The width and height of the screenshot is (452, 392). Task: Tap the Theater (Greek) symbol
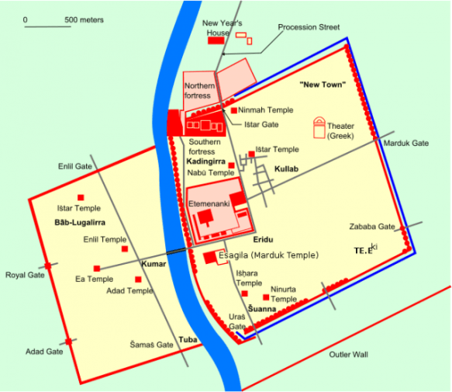coord(319,127)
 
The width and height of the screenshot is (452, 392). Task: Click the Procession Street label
coord(309,27)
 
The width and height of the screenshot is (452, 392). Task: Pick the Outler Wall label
coord(348,355)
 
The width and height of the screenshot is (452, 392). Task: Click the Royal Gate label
coord(24,275)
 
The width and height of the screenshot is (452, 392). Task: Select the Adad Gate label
coord(44,352)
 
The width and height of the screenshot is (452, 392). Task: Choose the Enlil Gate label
coord(75,166)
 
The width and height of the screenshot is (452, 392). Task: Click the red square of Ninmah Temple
coord(233,110)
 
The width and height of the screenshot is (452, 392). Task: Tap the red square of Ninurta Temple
coord(267,297)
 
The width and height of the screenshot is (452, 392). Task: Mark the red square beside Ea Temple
coord(96,269)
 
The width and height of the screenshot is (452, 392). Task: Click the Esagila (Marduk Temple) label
coord(267,255)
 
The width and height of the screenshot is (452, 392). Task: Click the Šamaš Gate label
coord(151,344)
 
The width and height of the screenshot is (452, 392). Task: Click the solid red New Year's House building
coord(216,40)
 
